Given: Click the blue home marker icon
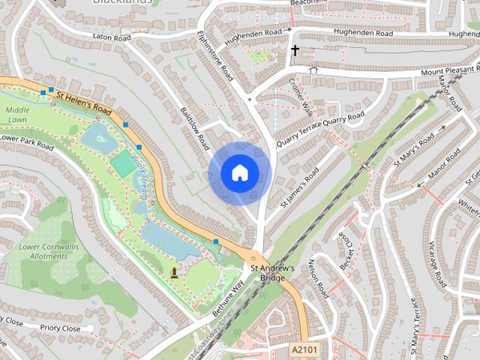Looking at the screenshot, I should click(238, 173).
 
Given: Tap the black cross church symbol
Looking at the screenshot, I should click(295, 52).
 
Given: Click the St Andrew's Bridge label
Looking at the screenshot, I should click(268, 273).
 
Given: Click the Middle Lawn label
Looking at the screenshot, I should click(17, 115).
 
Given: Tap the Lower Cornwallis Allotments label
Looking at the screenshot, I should click(43, 251).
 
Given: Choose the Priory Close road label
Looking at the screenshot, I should click(61, 328).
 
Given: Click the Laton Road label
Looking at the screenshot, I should click(112, 36).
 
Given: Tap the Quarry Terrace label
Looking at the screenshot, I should click(298, 133).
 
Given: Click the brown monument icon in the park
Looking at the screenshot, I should click(175, 271).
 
